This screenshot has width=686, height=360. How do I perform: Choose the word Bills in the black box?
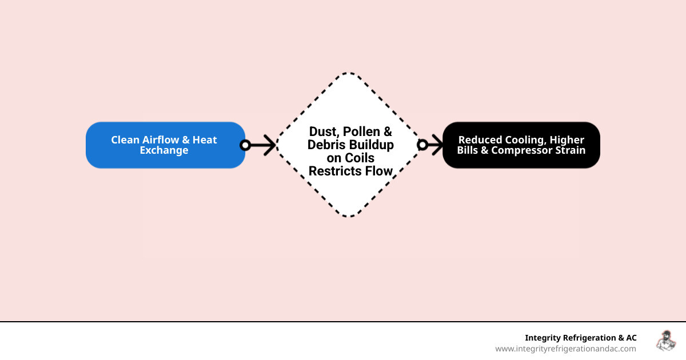(470, 150)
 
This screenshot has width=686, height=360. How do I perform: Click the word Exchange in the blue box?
(164, 151)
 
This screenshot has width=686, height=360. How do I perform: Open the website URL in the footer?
(565, 349)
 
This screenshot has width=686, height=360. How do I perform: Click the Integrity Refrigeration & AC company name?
(580, 338)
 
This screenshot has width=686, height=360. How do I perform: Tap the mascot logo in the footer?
(665, 341)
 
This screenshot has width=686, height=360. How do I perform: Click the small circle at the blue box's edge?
(245, 145)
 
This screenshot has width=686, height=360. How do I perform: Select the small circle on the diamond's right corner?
(422, 145)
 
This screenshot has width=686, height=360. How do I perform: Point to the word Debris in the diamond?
(327, 145)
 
